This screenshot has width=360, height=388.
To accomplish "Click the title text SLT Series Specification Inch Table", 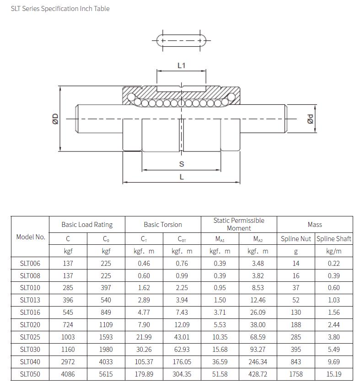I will coord(60,9).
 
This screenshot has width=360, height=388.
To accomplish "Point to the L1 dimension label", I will coord(181,65).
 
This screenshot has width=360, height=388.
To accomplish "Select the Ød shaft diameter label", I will coord(310,119).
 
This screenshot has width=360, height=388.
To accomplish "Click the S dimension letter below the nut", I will coord(182,164).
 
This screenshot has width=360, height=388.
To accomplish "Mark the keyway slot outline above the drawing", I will coord(181,41).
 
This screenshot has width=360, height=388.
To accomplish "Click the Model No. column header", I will coord(31,237).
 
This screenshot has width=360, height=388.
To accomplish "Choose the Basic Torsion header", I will coord(162,225).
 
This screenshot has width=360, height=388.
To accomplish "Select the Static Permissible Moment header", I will coord(239,224).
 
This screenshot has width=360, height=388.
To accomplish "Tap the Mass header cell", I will coord(315,225).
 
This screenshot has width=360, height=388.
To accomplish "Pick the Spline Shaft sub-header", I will coord(334,238).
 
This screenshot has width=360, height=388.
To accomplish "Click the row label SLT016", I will coord(30,313).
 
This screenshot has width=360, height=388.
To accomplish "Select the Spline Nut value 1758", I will coord(296,374).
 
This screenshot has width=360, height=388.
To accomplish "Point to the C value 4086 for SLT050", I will coord(68,374).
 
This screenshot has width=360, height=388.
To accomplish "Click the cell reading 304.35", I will coord(182,374).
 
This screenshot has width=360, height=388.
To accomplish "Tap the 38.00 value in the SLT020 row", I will coord(258,325).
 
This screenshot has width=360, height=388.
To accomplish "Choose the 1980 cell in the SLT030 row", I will coord(106,350).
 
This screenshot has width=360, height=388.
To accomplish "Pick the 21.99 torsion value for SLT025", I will coord(144,337).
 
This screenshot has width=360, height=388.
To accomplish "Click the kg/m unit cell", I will coord(334,251).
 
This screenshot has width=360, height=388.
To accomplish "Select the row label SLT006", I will coord(30,263).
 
